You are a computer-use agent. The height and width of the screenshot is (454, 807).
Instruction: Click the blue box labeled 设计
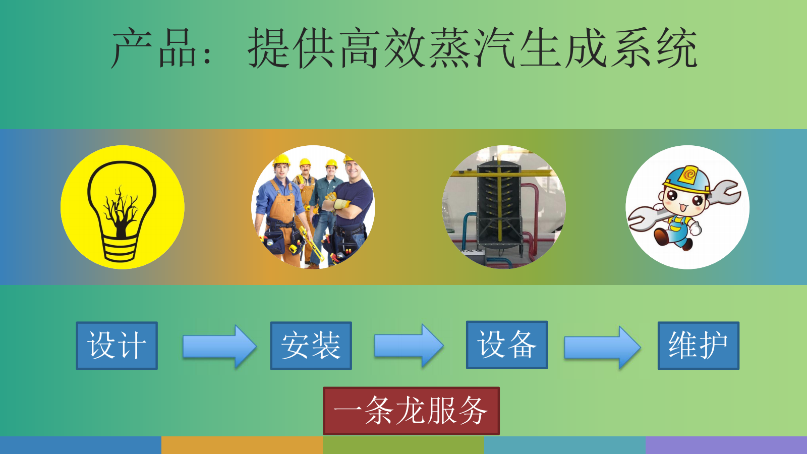pyautogui.click(x=117, y=346)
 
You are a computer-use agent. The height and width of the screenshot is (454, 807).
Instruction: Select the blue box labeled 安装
pyautogui.click(x=311, y=346)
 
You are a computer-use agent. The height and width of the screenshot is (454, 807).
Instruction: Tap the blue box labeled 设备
pyautogui.click(x=507, y=345)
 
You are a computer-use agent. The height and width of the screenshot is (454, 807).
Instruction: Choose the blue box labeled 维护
pyautogui.click(x=699, y=346)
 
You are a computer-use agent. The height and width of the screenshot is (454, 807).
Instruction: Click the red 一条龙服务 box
pyautogui.click(x=411, y=411)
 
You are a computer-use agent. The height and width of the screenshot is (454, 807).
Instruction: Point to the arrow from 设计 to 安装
pyautogui.click(x=219, y=347)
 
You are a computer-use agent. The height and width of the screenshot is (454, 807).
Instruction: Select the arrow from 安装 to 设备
pyautogui.click(x=409, y=346)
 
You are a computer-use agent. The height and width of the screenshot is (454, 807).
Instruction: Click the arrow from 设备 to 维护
pyautogui.click(x=602, y=348)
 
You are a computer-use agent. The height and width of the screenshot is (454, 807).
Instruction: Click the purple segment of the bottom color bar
pyautogui.click(x=726, y=445)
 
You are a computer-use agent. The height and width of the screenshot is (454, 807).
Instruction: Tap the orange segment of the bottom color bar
pyautogui.click(x=242, y=445)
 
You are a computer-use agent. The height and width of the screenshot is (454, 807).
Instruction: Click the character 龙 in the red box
pyautogui.click(x=411, y=411)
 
